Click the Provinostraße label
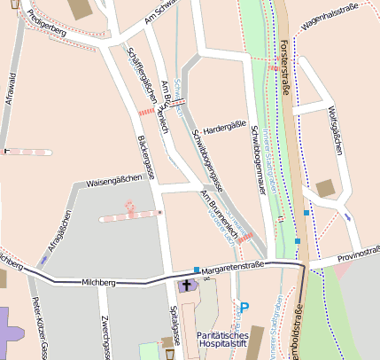click(x=356, y=257)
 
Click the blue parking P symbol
click(x=244, y=308)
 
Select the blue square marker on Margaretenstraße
click(x=197, y=270)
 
